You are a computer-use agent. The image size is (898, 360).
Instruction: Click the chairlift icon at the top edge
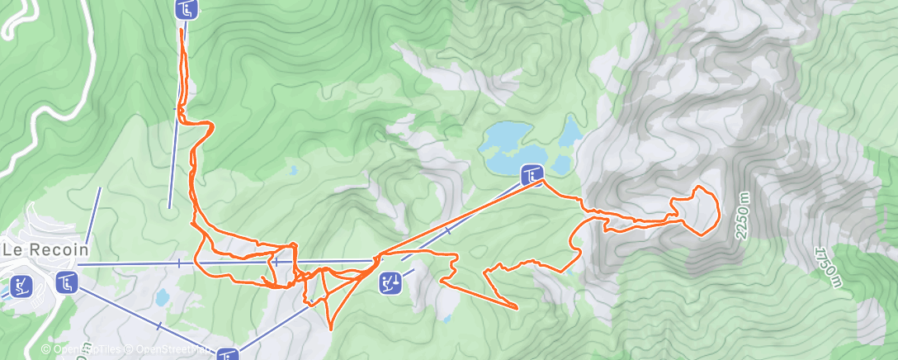(x=187, y=9)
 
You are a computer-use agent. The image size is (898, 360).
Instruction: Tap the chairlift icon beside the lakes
(x=532, y=174)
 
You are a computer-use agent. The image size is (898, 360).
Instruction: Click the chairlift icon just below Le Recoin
(x=67, y=282)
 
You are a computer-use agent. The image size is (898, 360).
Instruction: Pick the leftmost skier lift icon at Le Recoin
(x=21, y=287)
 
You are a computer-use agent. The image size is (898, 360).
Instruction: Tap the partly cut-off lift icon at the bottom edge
(x=229, y=355)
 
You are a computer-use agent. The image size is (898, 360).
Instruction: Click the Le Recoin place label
(x=45, y=249)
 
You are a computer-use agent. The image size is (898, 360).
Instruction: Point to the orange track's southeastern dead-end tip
(x=517, y=307)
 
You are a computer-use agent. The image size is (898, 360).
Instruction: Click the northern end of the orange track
(x=182, y=30)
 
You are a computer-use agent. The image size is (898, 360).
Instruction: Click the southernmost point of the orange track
(x=330, y=329)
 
